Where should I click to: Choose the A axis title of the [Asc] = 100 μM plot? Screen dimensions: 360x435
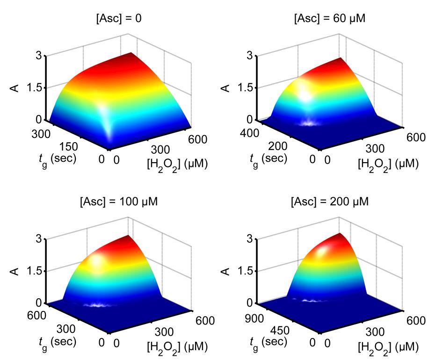[15, 271]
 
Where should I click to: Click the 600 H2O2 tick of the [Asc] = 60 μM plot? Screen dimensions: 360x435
[416, 137]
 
